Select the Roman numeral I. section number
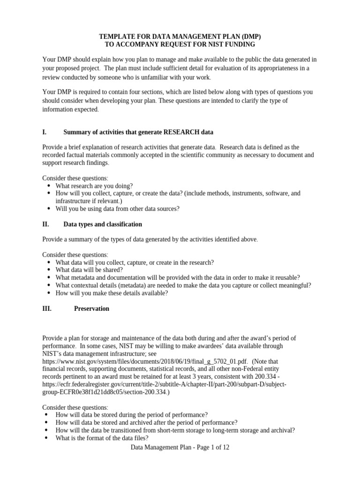[x=45, y=132]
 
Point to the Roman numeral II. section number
[x=46, y=224]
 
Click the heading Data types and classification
[x=103, y=224]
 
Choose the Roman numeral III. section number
[x=47, y=308]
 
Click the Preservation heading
[x=91, y=308]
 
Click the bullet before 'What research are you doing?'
[x=49, y=186]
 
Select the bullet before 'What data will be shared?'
[x=49, y=270]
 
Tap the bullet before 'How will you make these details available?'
[x=49, y=293]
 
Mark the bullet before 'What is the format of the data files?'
[x=46, y=438]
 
